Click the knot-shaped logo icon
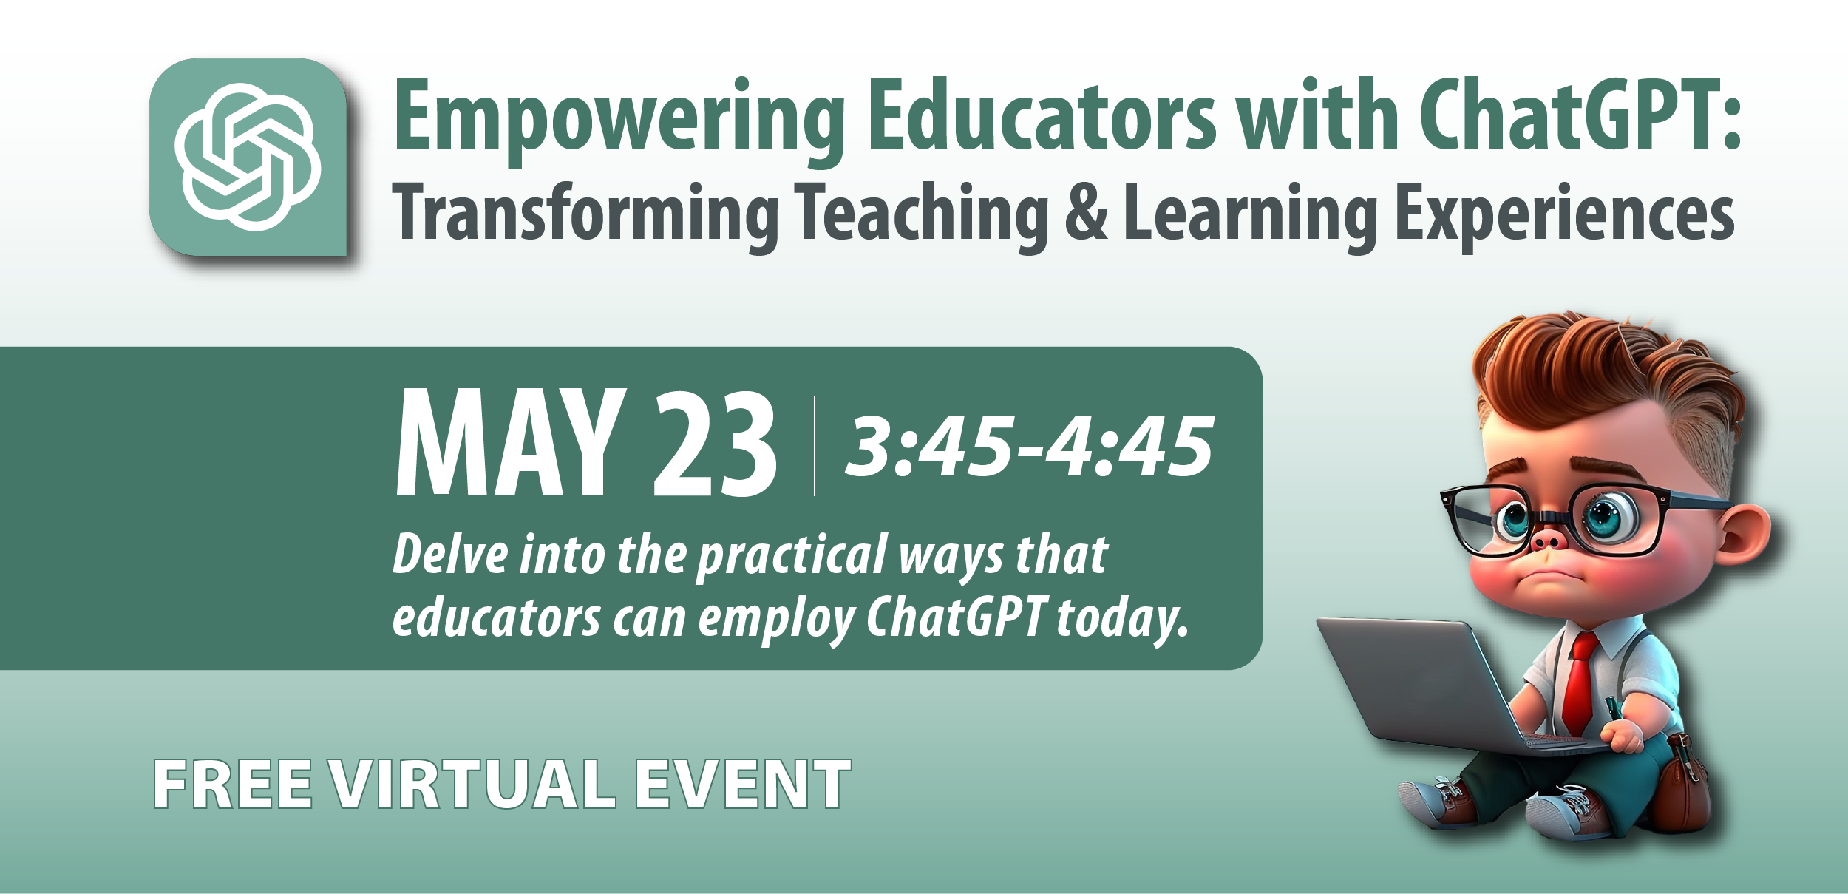click(x=248, y=157)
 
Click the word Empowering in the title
click(x=619, y=118)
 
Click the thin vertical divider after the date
click(x=814, y=445)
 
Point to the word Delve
click(x=450, y=554)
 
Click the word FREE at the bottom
click(x=233, y=785)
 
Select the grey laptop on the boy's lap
click(x=1427, y=688)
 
